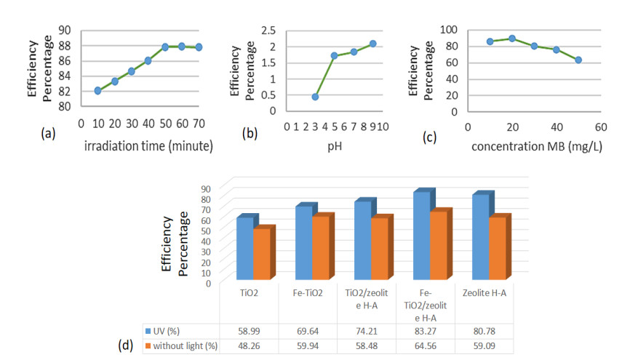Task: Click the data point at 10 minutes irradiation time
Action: (x=97, y=90)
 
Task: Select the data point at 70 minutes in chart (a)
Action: (x=199, y=47)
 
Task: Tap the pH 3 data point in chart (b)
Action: (x=315, y=97)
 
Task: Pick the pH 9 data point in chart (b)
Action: (x=372, y=44)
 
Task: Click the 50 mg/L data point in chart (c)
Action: (x=578, y=60)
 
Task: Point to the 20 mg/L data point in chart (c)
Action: (x=512, y=39)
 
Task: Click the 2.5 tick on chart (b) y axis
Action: (x=274, y=31)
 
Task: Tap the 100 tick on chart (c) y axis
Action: (x=452, y=30)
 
